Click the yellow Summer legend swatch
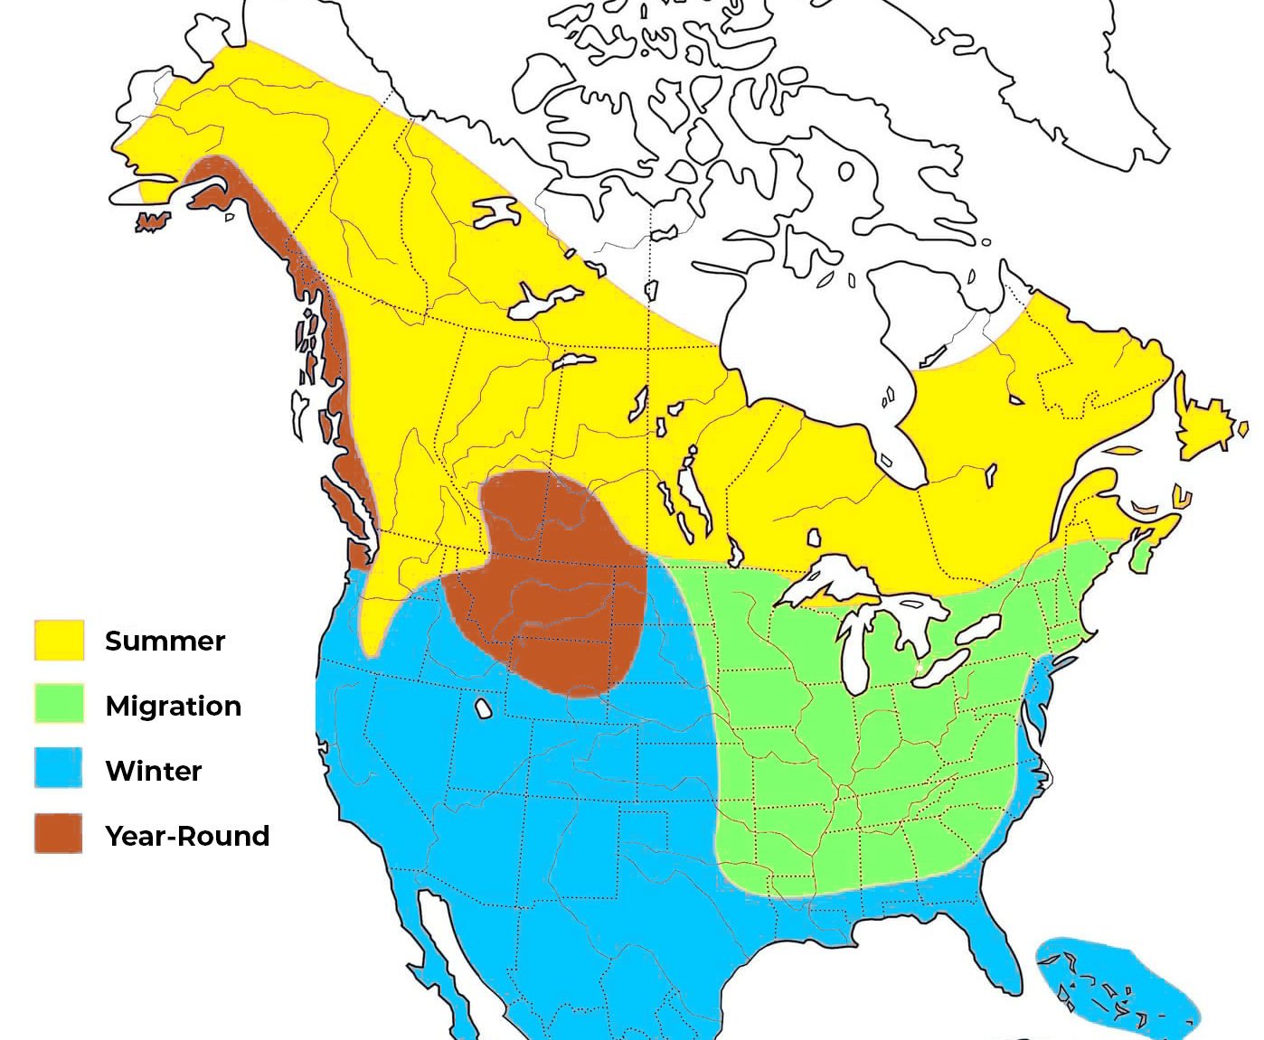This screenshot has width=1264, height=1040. [59, 640]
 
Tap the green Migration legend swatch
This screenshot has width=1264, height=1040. [59, 704]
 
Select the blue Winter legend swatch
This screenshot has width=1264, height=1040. [59, 769]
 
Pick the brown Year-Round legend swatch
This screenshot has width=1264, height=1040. [59, 834]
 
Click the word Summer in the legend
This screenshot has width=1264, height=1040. [165, 641]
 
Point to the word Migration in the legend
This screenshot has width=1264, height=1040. [173, 706]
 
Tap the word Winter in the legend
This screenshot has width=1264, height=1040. [153, 771]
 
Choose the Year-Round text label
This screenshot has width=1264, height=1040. [187, 836]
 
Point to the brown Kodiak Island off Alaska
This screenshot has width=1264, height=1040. [152, 221]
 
